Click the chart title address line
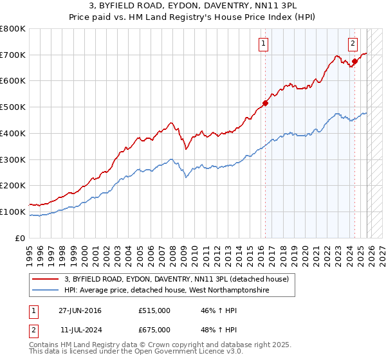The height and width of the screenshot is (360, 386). [x=193, y=6]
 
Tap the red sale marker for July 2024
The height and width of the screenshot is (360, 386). [x=354, y=61]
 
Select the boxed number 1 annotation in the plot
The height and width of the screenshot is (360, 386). [x=264, y=44]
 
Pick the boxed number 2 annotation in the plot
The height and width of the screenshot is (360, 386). [x=353, y=44]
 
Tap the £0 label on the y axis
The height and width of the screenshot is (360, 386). [x=21, y=238]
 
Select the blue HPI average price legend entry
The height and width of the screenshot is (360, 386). [x=166, y=291]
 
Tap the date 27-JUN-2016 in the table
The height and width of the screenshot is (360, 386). [x=80, y=310]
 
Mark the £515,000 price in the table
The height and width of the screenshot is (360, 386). [x=154, y=310]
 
